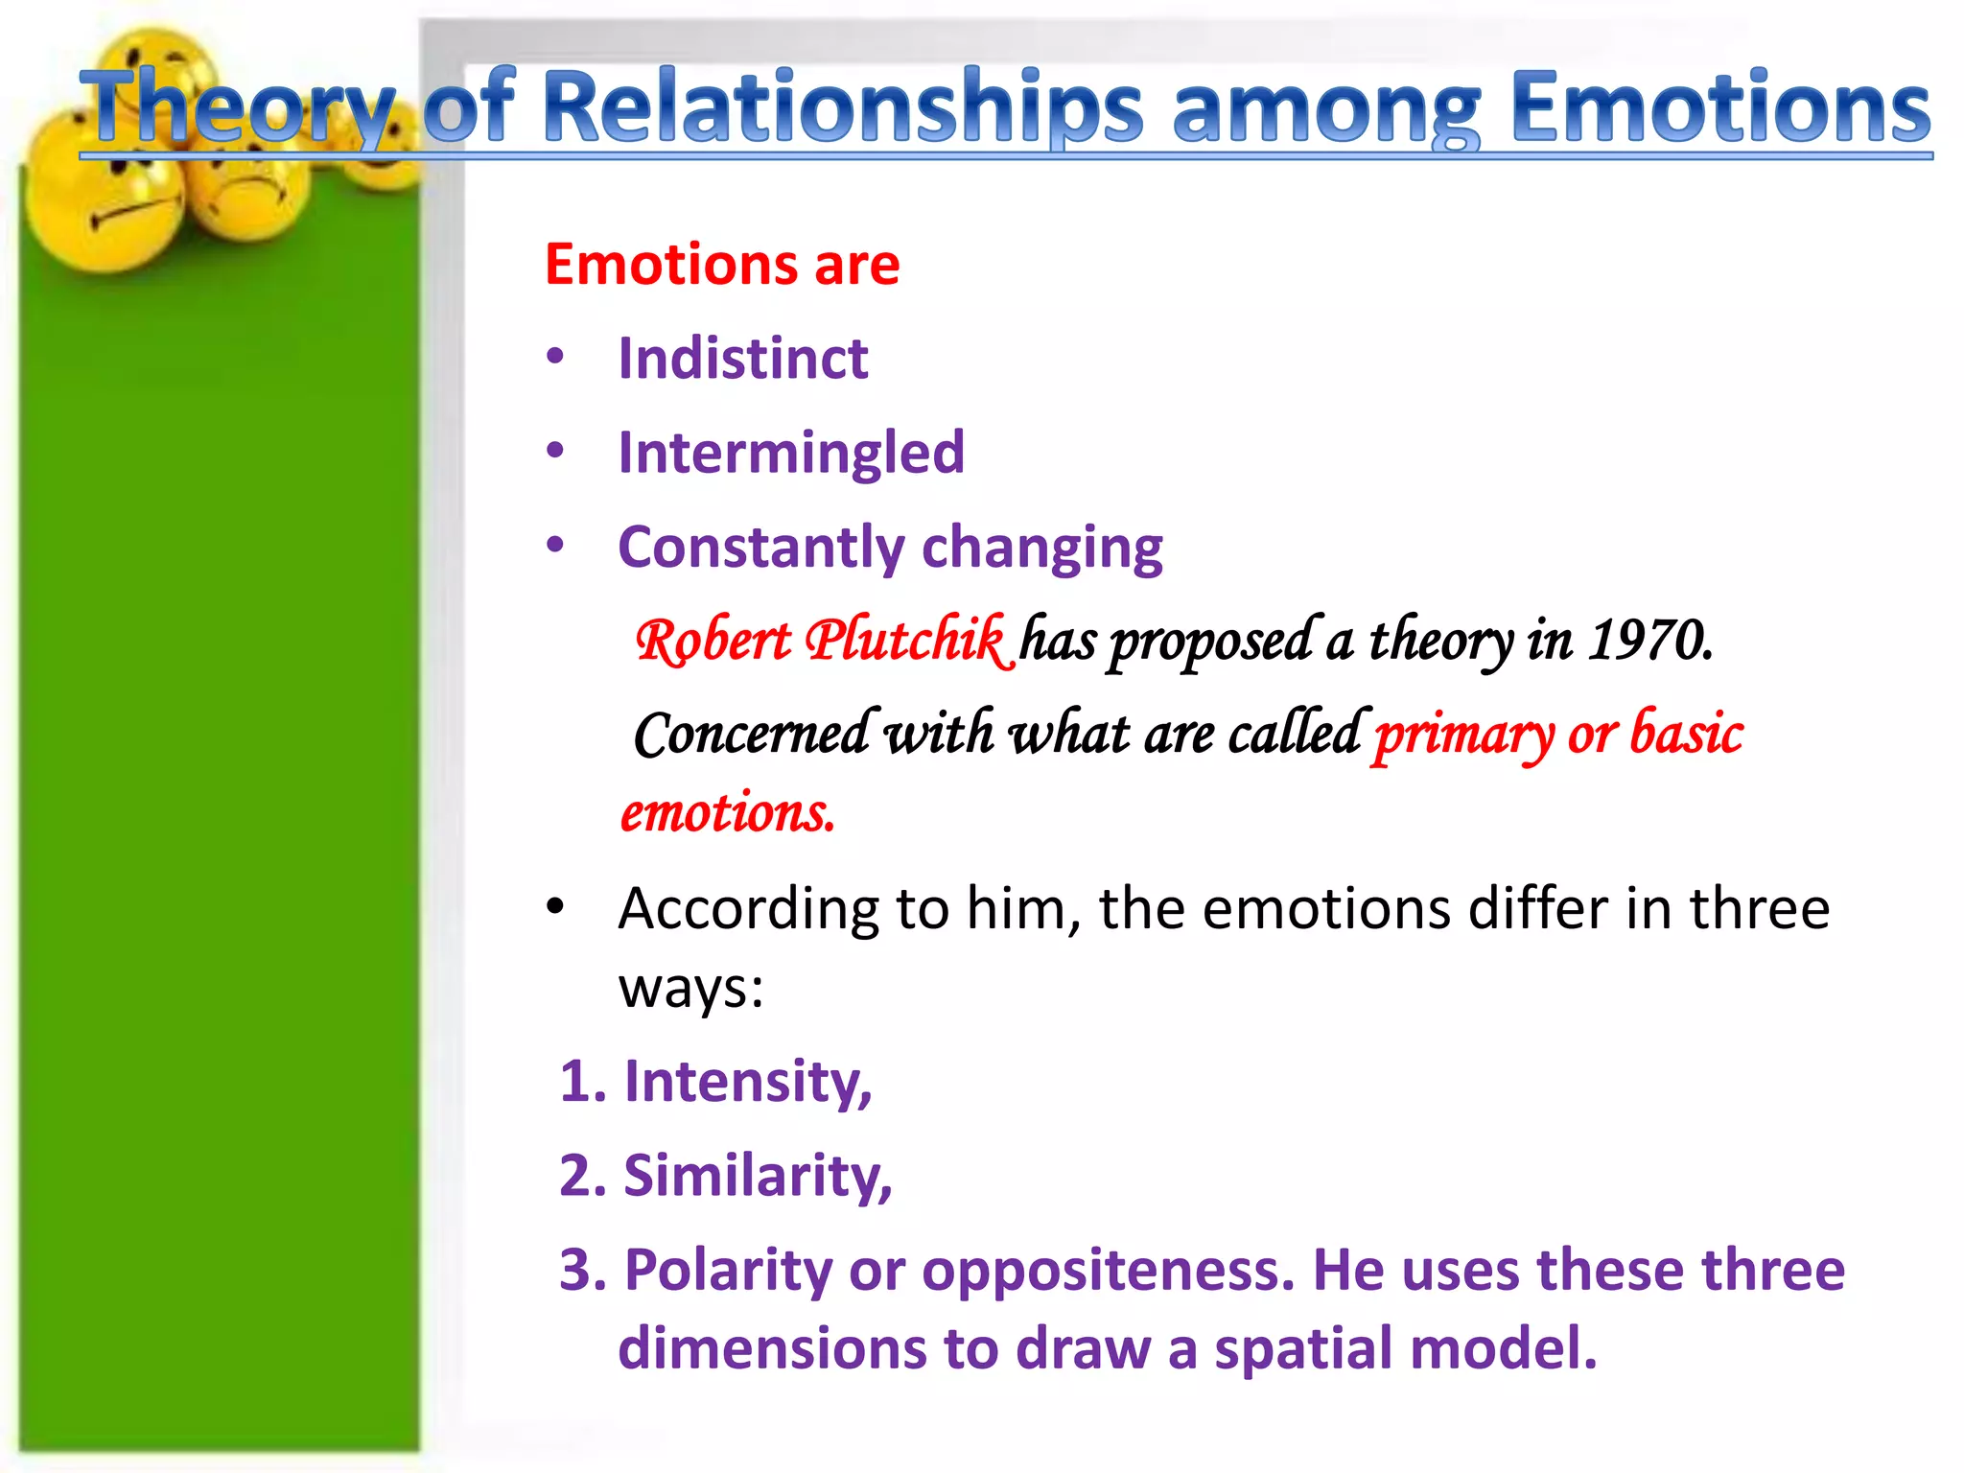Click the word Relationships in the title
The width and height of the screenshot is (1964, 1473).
[x=842, y=107]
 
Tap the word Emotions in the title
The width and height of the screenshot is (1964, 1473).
[x=1719, y=107]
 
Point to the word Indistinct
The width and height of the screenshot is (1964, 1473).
[x=742, y=359]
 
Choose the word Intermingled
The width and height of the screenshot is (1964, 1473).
[x=790, y=453]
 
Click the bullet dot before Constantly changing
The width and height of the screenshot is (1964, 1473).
[x=555, y=545]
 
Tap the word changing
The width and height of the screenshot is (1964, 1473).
[x=1041, y=549]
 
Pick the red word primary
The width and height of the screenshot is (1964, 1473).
[x=1462, y=735]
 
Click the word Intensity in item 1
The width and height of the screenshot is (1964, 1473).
[x=746, y=1082]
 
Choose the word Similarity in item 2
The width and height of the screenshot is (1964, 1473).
[x=756, y=1176]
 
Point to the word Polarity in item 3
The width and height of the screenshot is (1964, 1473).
[x=727, y=1270]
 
